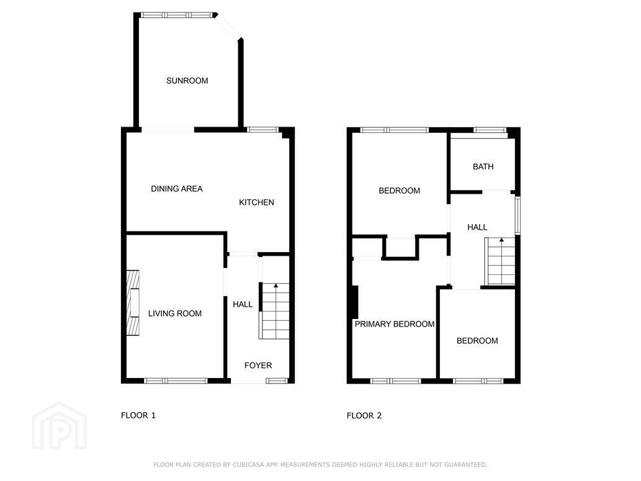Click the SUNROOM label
pyautogui.click(x=187, y=81)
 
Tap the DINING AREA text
pyautogui.click(x=177, y=189)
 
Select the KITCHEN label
pyautogui.click(x=256, y=202)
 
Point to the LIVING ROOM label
pyautogui.click(x=174, y=313)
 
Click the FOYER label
pyautogui.click(x=258, y=365)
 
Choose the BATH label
pyautogui.click(x=483, y=166)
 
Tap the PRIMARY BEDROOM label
pyautogui.click(x=395, y=324)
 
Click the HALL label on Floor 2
pyautogui.click(x=477, y=227)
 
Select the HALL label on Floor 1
pyautogui.click(x=243, y=304)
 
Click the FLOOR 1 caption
pyautogui.click(x=138, y=415)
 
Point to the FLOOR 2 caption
pyautogui.click(x=364, y=416)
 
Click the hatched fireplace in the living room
pyautogui.click(x=133, y=303)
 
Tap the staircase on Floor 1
pyautogui.click(x=274, y=311)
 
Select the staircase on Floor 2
pyautogui.click(x=500, y=261)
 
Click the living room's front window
pyautogui.click(x=176, y=381)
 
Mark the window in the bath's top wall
pyautogui.click(x=490, y=130)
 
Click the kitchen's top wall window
pyautogui.click(x=263, y=130)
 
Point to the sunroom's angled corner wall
pyautogui.click(x=228, y=27)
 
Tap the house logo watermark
pyautogui.click(x=60, y=426)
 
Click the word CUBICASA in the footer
pyautogui.click(x=249, y=465)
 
